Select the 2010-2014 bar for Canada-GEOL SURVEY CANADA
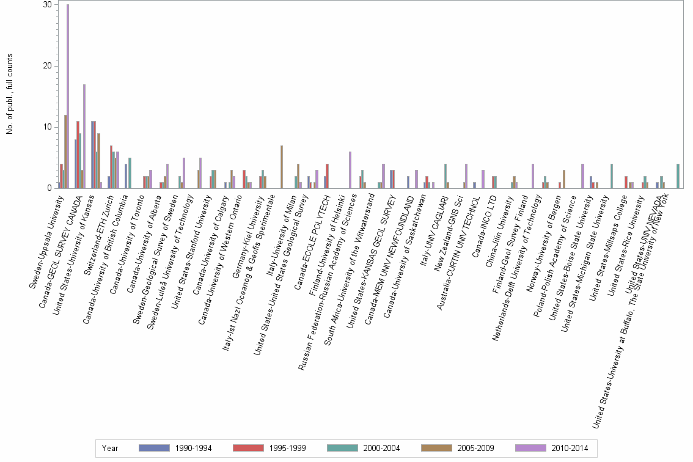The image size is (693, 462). tap(84, 136)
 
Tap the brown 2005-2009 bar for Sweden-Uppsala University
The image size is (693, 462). tap(65, 151)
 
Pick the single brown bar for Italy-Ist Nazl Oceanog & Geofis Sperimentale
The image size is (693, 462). tap(282, 166)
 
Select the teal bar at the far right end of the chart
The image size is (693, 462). tap(678, 175)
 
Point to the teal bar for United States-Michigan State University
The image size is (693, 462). tap(611, 175)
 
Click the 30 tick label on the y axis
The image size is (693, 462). tap(46, 5)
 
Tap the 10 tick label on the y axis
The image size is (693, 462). tap(46, 127)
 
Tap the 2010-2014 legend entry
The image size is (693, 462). tap(553, 448)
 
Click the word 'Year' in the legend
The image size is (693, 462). tap(111, 448)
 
